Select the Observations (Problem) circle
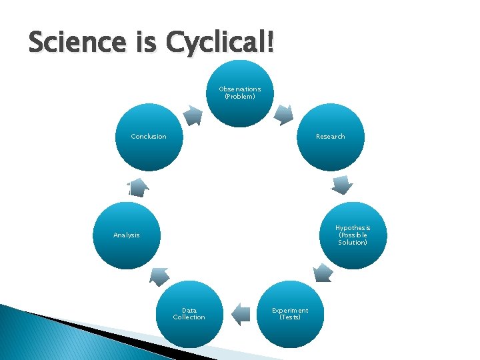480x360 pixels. (240, 93)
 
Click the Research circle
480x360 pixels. (331, 137)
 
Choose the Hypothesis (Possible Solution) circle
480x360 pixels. (353, 235)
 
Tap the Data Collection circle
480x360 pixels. (189, 314)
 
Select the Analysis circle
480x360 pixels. (127, 235)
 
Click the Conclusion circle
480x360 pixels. (149, 137)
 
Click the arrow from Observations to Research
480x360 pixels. (285, 115)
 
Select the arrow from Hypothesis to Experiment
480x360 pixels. (323, 272)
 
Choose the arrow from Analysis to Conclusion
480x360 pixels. (138, 187)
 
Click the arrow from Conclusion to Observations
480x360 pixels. (193, 115)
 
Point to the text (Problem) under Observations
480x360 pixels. (240, 97)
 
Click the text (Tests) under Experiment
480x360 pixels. (290, 317)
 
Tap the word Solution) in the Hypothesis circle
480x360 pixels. (353, 243)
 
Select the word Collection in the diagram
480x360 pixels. (189, 317)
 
